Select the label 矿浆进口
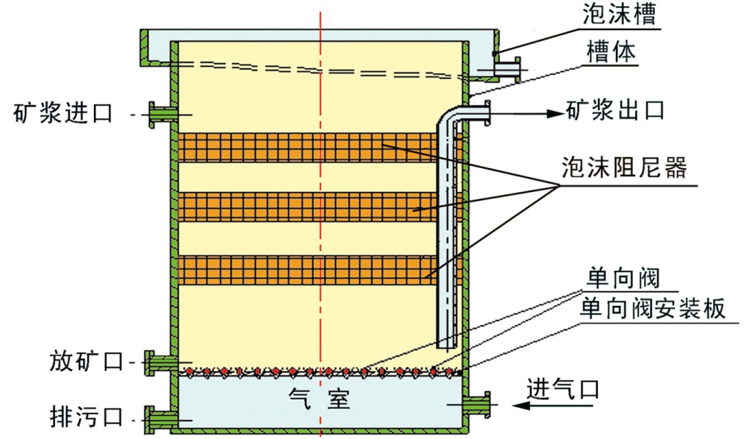pos(67,112)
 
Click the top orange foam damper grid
pos(306,147)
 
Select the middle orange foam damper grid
pos(306,207)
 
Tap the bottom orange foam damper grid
pos(306,269)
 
